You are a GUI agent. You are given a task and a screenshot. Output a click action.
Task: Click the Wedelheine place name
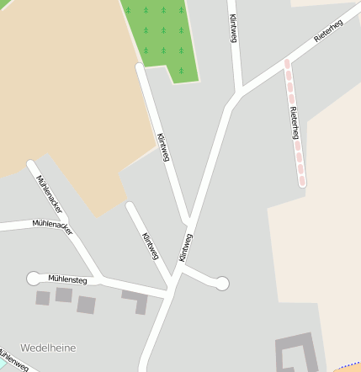47,348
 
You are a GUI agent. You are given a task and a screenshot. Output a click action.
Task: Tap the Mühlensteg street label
67,278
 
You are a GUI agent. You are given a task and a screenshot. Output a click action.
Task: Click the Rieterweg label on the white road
328,33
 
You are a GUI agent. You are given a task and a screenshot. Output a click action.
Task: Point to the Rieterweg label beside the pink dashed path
294,124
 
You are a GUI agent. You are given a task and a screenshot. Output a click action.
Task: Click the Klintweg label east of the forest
233,27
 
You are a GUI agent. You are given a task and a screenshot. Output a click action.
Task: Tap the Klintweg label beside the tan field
164,147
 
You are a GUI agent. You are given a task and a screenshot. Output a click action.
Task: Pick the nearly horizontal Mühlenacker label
52,226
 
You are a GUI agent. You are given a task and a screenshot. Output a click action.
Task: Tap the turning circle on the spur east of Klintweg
221,284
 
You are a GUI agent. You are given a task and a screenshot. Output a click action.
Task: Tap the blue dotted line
349,366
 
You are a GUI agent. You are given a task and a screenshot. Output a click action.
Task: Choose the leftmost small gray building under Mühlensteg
42,297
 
